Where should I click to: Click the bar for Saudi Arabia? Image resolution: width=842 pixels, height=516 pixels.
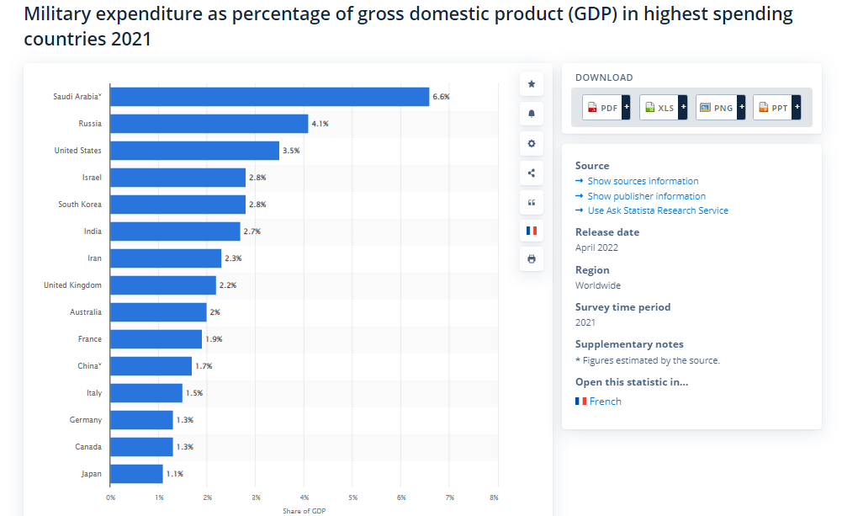(269, 97)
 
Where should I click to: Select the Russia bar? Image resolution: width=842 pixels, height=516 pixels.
(209, 124)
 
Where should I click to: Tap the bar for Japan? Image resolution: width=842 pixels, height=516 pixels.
(136, 474)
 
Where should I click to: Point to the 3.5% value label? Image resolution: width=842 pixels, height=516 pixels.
(291, 151)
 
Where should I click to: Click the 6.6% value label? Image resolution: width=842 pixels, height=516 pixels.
(441, 97)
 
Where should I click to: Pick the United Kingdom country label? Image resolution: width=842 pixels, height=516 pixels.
(72, 285)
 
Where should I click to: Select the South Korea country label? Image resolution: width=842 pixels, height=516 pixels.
(80, 205)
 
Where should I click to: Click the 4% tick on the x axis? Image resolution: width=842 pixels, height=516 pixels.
(304, 497)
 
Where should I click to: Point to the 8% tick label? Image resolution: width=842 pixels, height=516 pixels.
(494, 497)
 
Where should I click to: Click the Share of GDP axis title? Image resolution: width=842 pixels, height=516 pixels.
(304, 510)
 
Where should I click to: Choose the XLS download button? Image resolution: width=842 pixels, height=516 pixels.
(663, 108)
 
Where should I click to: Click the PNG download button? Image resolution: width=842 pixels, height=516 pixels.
(720, 108)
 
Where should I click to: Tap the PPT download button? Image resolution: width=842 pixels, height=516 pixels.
(776, 108)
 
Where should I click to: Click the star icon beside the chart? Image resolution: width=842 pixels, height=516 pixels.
(531, 84)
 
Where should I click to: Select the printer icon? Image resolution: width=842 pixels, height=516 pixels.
(531, 259)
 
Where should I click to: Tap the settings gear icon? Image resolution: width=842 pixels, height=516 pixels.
(531, 143)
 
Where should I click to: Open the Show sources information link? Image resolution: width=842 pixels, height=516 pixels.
(643, 181)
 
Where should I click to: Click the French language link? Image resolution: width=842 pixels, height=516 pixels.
(605, 402)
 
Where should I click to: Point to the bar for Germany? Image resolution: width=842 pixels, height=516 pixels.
(141, 420)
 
